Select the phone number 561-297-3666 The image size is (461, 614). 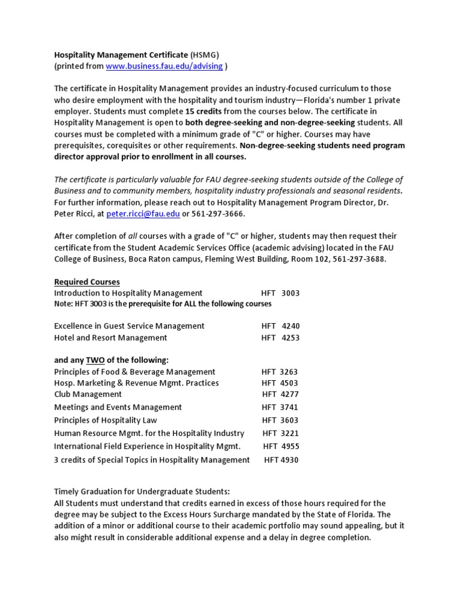point(216,214)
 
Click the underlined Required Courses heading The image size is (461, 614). point(87,282)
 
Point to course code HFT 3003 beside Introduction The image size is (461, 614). point(280,293)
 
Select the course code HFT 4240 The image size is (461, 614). point(280,326)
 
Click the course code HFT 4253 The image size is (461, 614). point(280,338)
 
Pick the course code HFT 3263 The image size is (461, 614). point(280,372)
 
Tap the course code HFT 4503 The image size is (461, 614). point(280,383)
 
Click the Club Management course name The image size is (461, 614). point(88,395)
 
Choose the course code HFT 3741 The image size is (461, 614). point(280,408)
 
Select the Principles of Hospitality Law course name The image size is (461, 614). point(106,420)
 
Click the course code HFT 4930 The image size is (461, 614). point(281,460)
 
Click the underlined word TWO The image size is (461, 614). point(95,360)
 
